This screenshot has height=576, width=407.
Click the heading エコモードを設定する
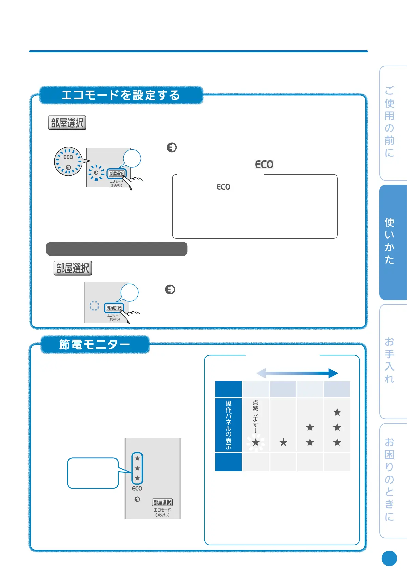(121, 95)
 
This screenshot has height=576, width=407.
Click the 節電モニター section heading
(95, 344)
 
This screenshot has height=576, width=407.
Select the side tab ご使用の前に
(390, 122)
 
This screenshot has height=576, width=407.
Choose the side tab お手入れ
(390, 361)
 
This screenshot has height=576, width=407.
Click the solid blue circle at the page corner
(389, 559)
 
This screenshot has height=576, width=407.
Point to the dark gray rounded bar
(117, 249)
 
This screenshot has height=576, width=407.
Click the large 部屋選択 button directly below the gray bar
(73, 268)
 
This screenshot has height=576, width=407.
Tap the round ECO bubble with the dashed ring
(68, 161)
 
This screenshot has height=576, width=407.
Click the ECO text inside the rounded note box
(223, 187)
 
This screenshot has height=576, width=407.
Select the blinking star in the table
(256, 443)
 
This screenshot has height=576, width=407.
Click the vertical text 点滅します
(255, 416)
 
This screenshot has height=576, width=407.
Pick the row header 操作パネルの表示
(229, 425)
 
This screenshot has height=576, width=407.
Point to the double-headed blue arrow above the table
(297, 373)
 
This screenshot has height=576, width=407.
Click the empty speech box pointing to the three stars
(93, 473)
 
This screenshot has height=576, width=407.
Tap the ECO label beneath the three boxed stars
(137, 489)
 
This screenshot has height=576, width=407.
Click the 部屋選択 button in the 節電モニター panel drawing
(162, 502)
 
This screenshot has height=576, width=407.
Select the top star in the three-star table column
(337, 412)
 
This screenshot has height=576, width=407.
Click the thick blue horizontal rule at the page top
(198, 51)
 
